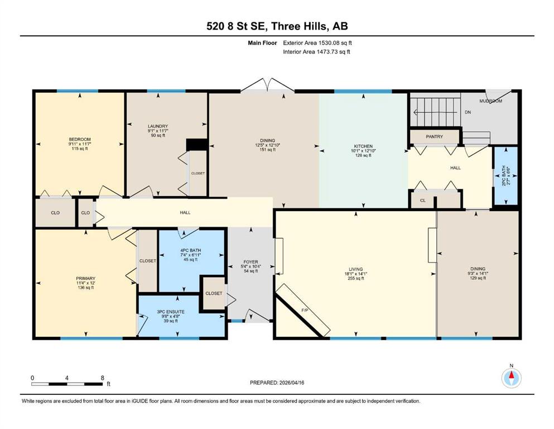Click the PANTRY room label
pyautogui.click(x=434, y=136)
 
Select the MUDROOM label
pyautogui.click(x=491, y=101)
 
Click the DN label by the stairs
pyautogui.click(x=468, y=112)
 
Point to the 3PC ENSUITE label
pyautogui.click(x=171, y=312)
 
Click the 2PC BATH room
pyautogui.click(x=505, y=176)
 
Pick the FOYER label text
pyautogui.click(x=251, y=262)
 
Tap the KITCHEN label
pyautogui.click(x=363, y=146)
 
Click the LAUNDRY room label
pyautogui.click(x=157, y=126)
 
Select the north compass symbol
pyautogui.click(x=511, y=378)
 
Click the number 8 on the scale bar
pyautogui.click(x=103, y=378)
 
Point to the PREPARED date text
pyautogui.click(x=277, y=383)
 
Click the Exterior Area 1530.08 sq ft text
pyautogui.click(x=317, y=43)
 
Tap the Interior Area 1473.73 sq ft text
pyautogui.click(x=316, y=51)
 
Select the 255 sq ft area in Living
pyautogui.click(x=356, y=278)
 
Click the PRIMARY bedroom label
pyautogui.click(x=85, y=278)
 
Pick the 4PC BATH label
pyautogui.click(x=190, y=250)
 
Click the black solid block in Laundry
pyautogui.click(x=196, y=145)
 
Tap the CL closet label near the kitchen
pyautogui.click(x=423, y=201)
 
